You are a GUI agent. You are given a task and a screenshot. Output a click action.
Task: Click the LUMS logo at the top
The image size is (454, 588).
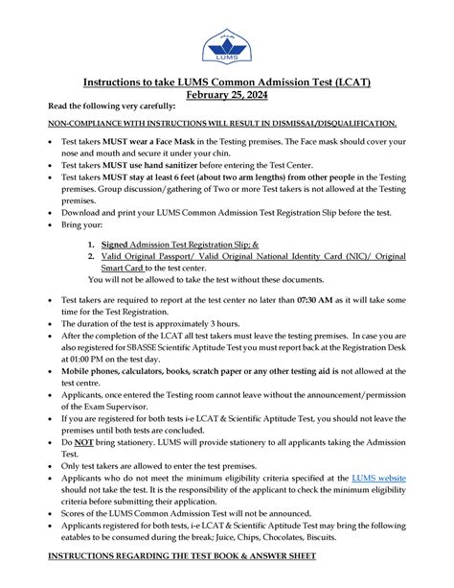point(226,46)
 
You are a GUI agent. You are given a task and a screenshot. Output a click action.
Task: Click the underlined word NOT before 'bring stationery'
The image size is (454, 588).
point(86,445)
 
